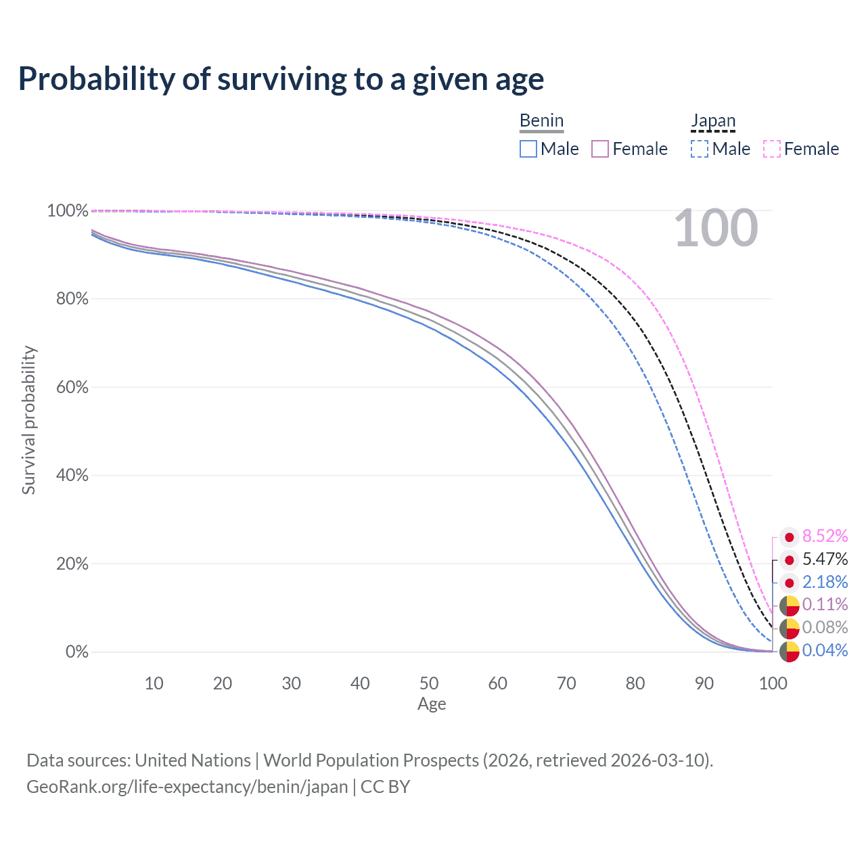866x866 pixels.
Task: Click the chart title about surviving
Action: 281,79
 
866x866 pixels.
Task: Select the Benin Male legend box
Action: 528,149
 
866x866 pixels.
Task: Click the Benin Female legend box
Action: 600,149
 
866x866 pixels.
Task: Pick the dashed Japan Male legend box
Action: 700,149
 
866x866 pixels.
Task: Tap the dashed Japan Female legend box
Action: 772,149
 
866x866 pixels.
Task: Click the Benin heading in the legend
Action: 541,120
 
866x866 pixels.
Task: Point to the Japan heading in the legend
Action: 713,120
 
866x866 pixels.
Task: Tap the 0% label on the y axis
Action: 77,652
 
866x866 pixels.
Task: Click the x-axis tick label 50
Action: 429,683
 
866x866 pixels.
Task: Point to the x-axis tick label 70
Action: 566,683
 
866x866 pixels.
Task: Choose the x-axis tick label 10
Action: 154,683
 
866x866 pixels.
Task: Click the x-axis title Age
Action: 432,704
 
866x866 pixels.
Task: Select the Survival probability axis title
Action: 28,420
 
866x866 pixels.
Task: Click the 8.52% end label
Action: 825,537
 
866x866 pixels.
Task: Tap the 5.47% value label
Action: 825,560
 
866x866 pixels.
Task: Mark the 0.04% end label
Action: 825,651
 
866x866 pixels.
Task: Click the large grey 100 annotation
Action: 716,229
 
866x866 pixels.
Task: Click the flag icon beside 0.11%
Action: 789,606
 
